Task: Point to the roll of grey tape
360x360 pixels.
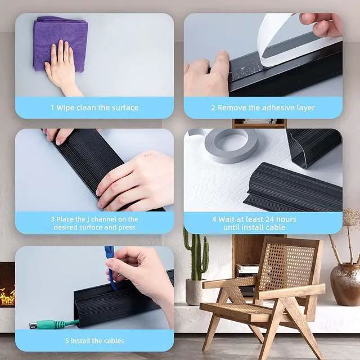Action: pyautogui.click(x=231, y=145)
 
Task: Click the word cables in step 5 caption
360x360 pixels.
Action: pyautogui.click(x=114, y=341)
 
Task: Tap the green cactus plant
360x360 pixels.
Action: pyautogui.click(x=196, y=255)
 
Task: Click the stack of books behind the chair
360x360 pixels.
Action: pyautogui.click(x=247, y=270)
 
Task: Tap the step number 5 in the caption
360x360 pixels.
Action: pyautogui.click(x=67, y=341)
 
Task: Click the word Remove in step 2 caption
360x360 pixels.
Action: pyautogui.click(x=232, y=107)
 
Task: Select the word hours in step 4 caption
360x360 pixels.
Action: pyautogui.click(x=286, y=219)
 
